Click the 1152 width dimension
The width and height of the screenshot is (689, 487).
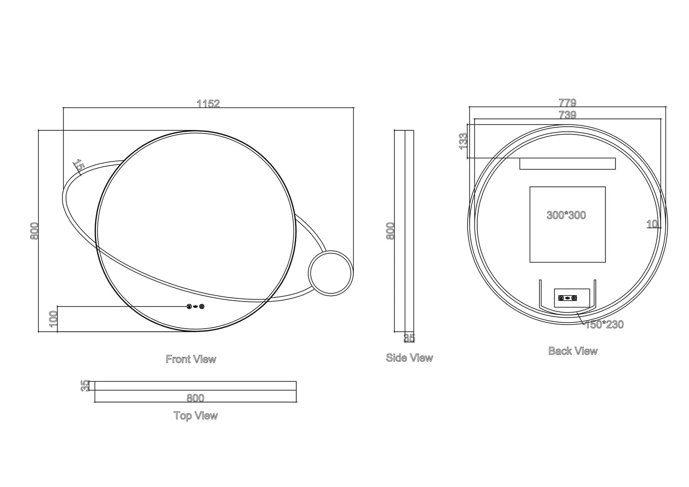(208, 103)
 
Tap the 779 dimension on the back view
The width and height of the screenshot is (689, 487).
(567, 103)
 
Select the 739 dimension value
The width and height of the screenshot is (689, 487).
(567, 115)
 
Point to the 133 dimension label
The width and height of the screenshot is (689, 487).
(463, 141)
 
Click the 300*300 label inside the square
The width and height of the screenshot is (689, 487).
(566, 215)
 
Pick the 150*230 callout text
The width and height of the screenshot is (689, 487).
(604, 325)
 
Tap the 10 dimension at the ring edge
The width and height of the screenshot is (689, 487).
(652, 224)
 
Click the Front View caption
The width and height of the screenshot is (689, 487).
(191, 359)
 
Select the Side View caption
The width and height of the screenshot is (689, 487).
(409, 358)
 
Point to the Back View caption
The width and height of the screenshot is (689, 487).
(573, 351)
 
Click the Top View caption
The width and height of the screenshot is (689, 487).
(195, 415)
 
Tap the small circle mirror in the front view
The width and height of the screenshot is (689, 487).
(331, 273)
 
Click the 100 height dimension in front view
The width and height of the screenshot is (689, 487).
(53, 319)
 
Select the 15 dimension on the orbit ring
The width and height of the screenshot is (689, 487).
(79, 166)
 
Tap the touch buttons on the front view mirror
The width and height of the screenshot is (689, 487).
(196, 307)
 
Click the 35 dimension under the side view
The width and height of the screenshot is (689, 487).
(409, 338)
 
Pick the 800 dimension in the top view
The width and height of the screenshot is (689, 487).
(195, 398)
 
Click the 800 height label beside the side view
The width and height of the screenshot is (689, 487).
(390, 230)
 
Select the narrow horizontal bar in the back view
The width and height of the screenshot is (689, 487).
(567, 163)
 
